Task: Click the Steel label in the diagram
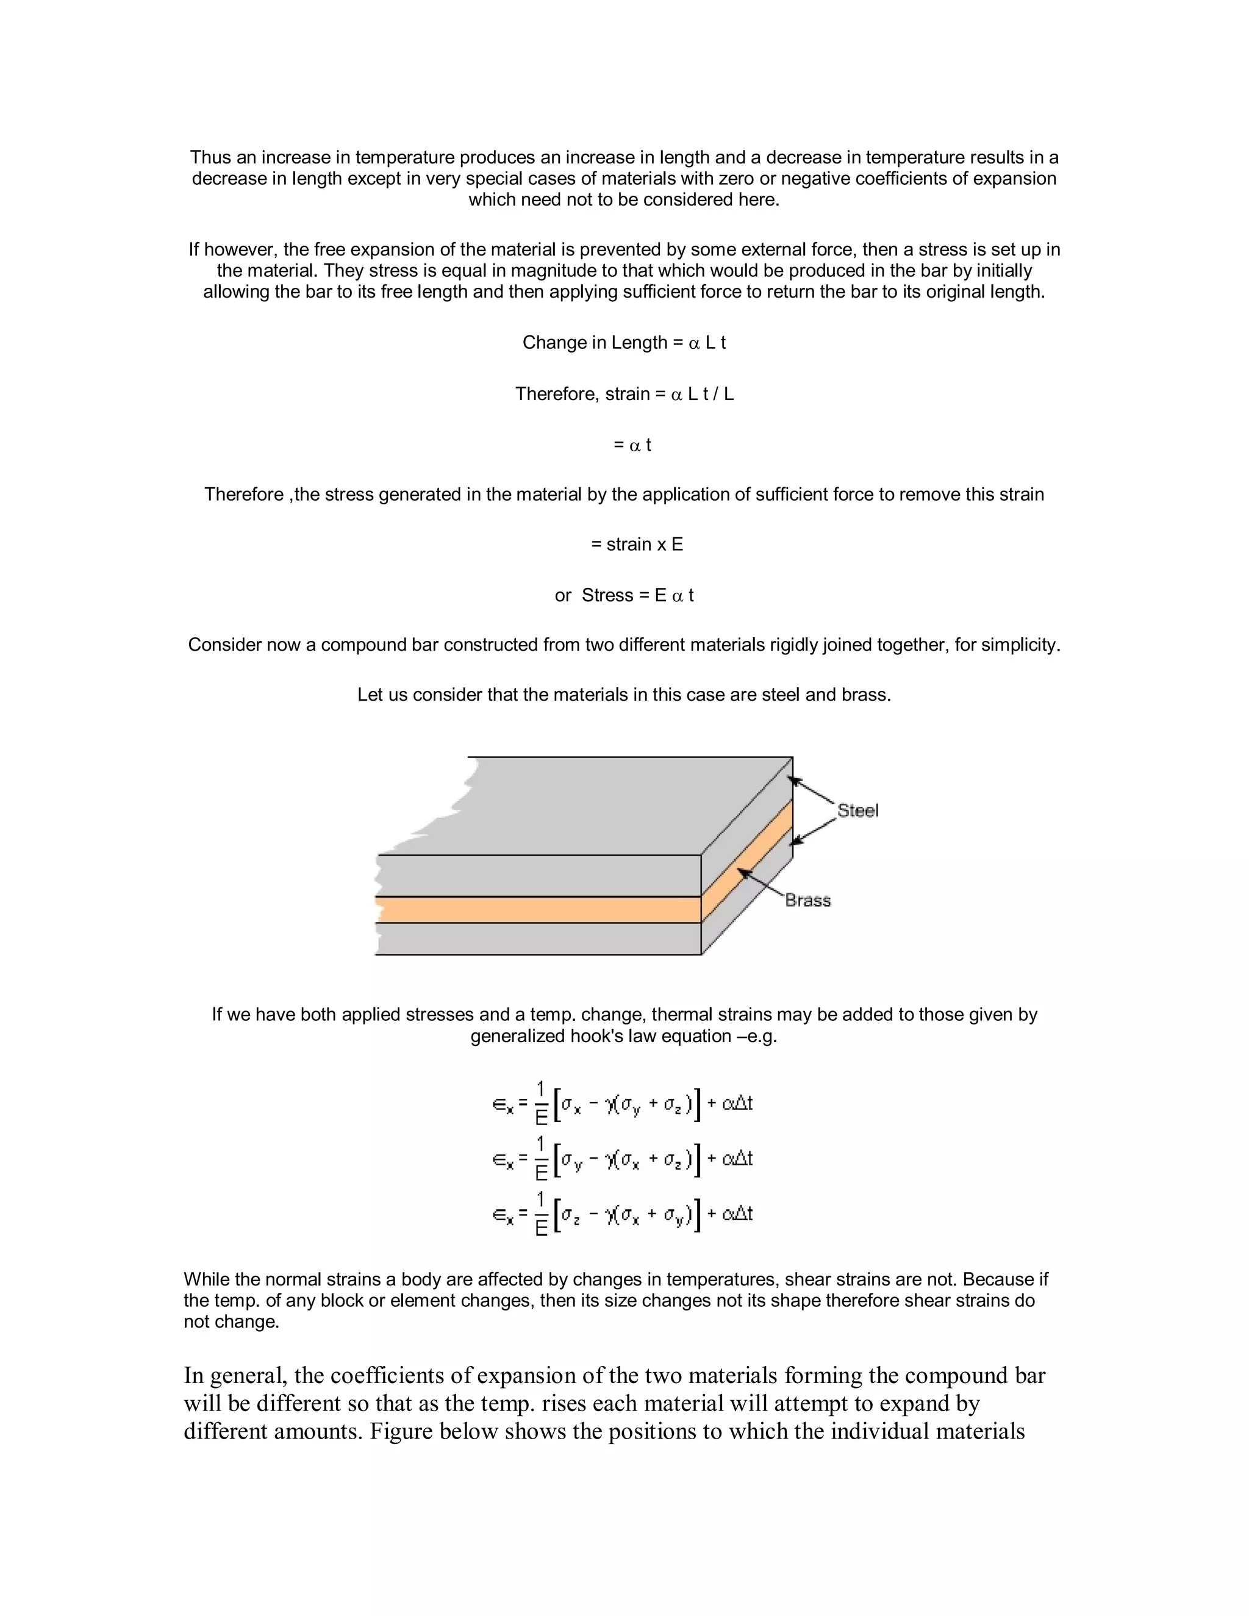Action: [857, 811]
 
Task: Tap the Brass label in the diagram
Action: [807, 901]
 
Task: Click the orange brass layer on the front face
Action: [538, 909]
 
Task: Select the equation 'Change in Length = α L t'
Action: [624, 343]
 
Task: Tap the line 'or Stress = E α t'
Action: [624, 596]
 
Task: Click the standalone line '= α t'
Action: [632, 445]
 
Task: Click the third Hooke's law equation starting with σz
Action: [622, 1214]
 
